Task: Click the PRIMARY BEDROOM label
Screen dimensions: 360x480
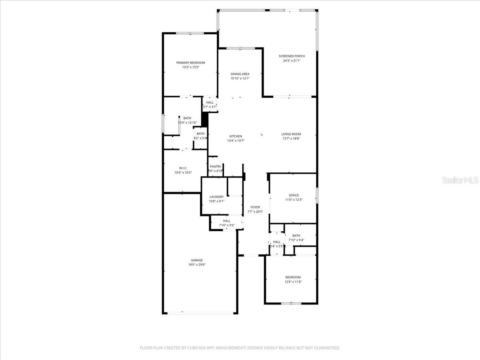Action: pos(190,63)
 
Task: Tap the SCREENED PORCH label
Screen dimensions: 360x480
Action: pos(292,56)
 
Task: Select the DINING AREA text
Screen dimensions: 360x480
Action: pos(240,74)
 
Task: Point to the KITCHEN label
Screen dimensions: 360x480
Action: pos(236,136)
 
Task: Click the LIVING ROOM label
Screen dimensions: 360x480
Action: pos(291,134)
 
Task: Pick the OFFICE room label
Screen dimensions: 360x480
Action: pos(294,195)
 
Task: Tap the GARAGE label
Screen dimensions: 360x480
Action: pos(196,260)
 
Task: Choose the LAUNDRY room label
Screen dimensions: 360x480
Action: pos(216,197)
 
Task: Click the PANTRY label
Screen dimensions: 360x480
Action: pos(215,166)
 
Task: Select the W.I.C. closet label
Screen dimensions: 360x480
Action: pos(183,168)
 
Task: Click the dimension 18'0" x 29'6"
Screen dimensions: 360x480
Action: pos(196,264)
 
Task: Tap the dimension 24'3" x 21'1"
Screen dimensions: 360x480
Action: pos(292,60)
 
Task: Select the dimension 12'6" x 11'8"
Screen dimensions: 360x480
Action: pos(293,282)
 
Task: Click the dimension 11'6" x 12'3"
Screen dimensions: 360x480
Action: pos(294,200)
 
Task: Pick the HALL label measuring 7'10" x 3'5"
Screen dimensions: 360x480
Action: pos(227,221)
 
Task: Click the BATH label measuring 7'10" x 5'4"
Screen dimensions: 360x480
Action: pos(296,236)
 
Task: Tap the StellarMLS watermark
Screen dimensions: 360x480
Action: pos(460,180)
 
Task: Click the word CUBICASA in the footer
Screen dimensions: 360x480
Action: pos(199,348)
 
